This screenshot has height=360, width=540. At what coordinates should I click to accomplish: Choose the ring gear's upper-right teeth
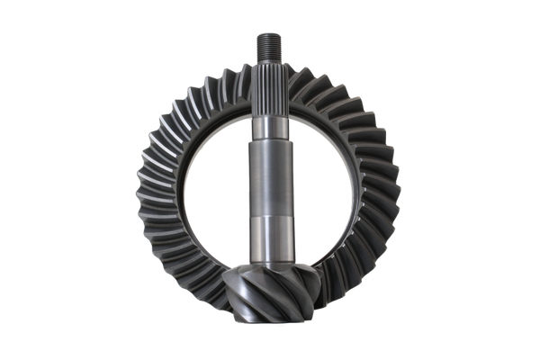coord(360,103)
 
